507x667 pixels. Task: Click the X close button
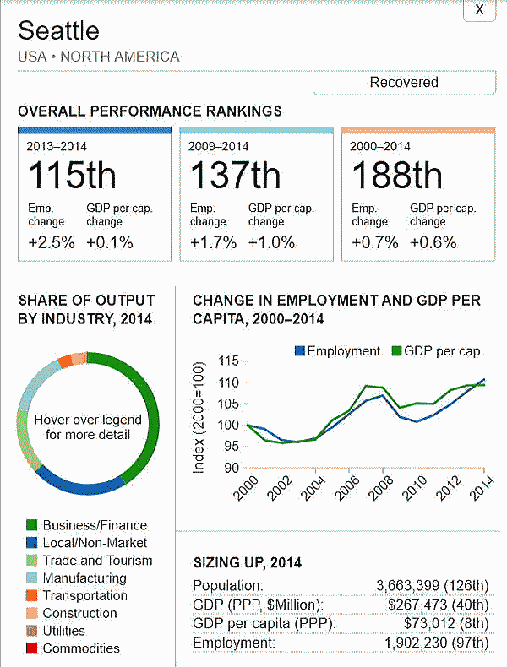480,9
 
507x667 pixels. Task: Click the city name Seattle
58,31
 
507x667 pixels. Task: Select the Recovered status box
403,83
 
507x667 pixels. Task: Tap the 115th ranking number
73,176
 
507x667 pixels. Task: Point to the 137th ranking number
234,176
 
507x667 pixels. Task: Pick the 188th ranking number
396,176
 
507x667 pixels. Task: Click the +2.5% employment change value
51,242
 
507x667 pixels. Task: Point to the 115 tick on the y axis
228,361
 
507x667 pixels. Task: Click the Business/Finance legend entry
94,525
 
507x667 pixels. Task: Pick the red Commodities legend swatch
31,649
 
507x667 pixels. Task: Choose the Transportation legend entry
84,595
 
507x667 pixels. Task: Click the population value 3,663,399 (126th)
432,586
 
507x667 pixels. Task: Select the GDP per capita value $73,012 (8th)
439,624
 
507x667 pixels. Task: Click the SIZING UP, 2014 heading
247,562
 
